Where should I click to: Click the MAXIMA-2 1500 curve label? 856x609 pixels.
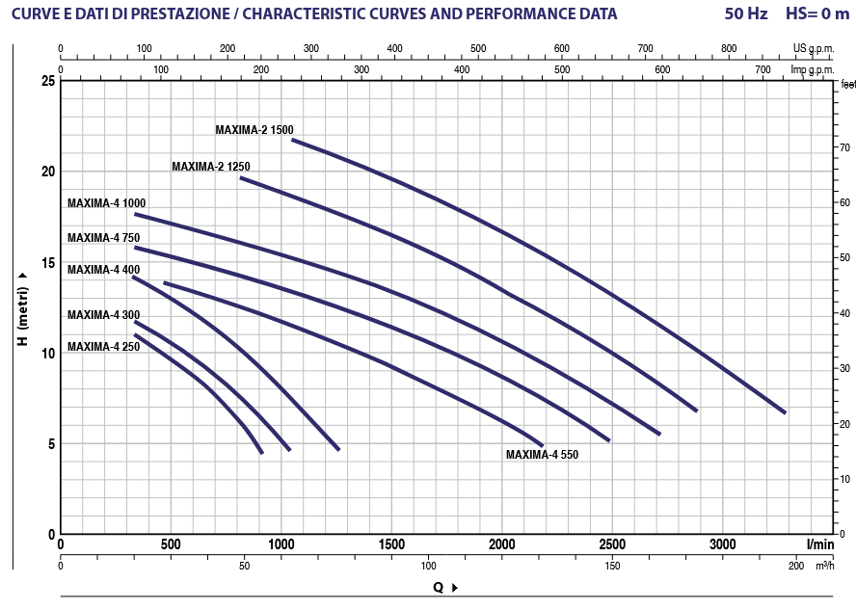click(254, 129)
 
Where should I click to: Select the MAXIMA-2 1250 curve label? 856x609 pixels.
click(210, 167)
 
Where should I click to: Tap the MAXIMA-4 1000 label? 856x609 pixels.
click(106, 203)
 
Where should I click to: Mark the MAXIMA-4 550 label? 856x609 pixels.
click(542, 454)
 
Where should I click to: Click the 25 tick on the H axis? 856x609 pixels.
click(47, 81)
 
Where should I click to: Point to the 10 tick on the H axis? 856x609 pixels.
click(47, 354)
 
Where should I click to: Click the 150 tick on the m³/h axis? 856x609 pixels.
click(612, 566)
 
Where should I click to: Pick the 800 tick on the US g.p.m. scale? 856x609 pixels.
click(729, 48)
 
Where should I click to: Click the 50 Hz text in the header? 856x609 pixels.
click(747, 14)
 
